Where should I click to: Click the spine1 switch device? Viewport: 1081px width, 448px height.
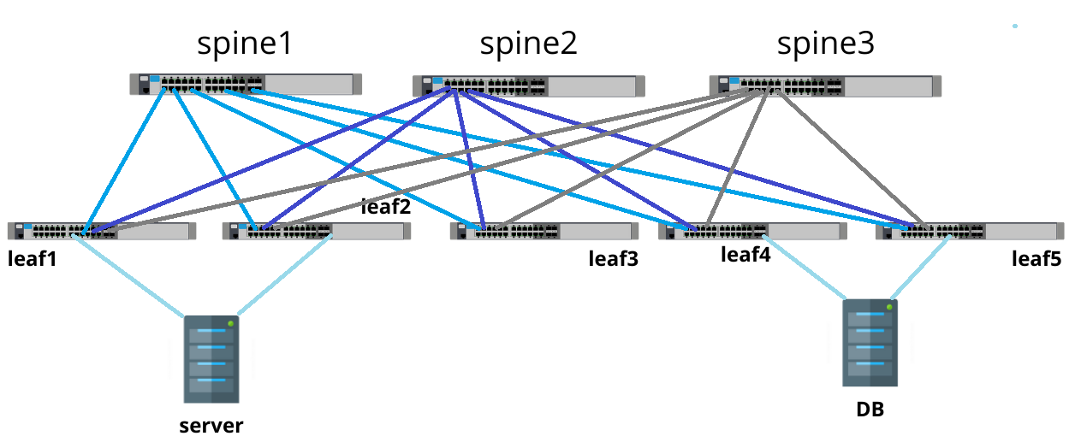[x=246, y=84]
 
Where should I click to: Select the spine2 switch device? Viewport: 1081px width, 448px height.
[x=528, y=85]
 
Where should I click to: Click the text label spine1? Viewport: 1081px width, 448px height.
[x=245, y=44]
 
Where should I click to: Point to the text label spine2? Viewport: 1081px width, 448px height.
[x=528, y=44]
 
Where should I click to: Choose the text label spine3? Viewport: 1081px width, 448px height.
[x=826, y=44]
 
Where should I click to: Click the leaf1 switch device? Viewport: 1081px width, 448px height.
[x=102, y=231]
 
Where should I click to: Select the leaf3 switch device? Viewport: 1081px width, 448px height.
[x=544, y=231]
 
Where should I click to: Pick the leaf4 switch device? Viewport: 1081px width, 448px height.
[x=752, y=231]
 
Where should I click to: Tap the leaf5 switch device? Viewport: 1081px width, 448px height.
[x=970, y=231]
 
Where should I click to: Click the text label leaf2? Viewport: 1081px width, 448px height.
[x=386, y=206]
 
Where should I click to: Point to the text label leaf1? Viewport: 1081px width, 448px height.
[x=33, y=259]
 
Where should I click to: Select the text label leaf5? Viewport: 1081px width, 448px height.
[x=1036, y=258]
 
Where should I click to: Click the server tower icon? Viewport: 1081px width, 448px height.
[x=211, y=359]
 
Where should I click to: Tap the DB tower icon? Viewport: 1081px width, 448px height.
[x=870, y=343]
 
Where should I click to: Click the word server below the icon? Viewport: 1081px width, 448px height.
[x=211, y=426]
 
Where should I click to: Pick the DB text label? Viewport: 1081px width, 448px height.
[x=870, y=410]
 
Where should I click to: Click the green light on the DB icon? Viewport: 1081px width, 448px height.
[x=890, y=306]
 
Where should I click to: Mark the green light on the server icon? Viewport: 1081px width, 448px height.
[x=231, y=322]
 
